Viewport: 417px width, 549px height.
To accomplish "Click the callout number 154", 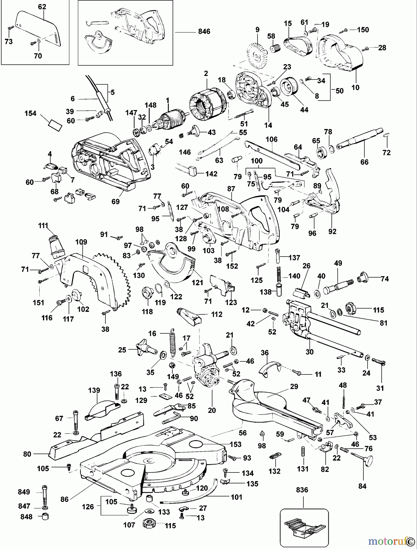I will pos(30,113).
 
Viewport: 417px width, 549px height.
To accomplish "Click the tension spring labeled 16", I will pos(173,342).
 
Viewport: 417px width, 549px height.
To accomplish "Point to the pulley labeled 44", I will pos(287,87).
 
